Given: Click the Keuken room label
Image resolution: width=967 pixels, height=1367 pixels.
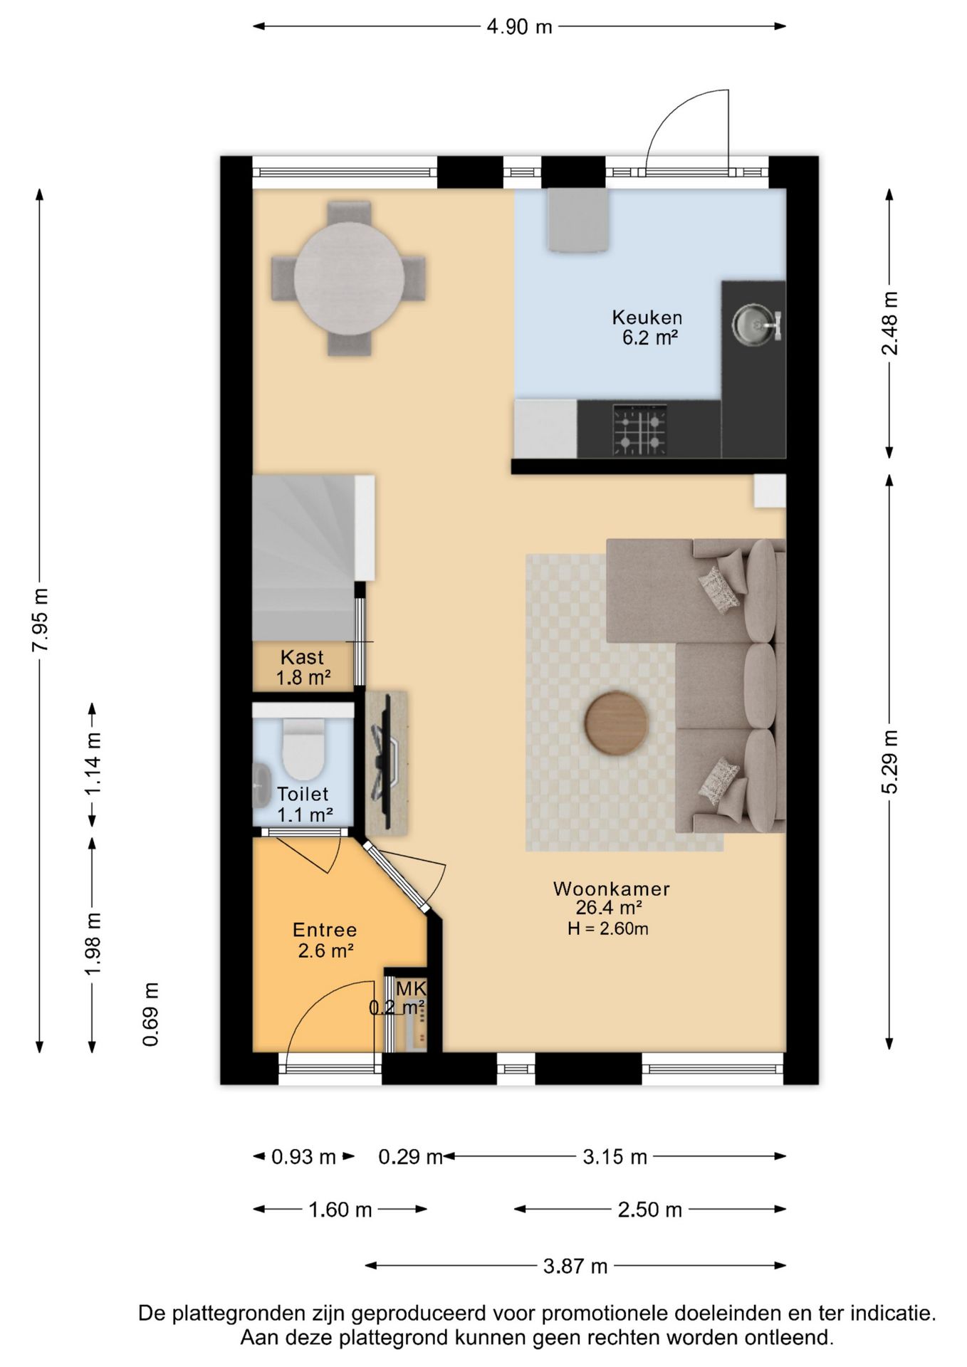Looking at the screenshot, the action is pyautogui.click(x=647, y=317).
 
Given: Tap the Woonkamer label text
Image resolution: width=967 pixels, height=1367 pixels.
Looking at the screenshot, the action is pyautogui.click(x=612, y=889).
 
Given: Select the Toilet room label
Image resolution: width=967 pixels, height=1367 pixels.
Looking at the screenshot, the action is pyautogui.click(x=303, y=794).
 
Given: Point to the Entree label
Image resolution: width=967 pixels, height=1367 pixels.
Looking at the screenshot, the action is pyautogui.click(x=325, y=930).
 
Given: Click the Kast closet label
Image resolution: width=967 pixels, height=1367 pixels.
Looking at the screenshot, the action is pyautogui.click(x=302, y=657).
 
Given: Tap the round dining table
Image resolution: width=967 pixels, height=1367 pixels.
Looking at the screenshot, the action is pyautogui.click(x=349, y=278).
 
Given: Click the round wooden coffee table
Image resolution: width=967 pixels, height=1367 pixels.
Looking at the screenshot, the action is pyautogui.click(x=617, y=723).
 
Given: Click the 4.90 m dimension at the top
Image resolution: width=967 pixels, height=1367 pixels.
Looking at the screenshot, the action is pyautogui.click(x=519, y=27).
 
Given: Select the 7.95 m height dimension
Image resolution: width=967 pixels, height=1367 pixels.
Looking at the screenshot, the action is pyautogui.click(x=41, y=619).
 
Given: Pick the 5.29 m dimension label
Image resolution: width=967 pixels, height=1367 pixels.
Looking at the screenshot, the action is pyautogui.click(x=891, y=762).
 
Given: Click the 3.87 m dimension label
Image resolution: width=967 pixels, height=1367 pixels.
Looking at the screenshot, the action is pyautogui.click(x=575, y=1266).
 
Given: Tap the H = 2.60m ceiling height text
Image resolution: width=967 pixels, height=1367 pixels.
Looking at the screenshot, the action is pyautogui.click(x=608, y=928).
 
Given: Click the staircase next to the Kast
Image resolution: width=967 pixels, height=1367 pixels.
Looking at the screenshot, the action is pyautogui.click(x=304, y=558).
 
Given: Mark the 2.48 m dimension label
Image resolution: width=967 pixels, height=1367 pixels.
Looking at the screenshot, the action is pyautogui.click(x=891, y=323).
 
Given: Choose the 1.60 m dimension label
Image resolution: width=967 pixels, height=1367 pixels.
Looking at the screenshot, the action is pyautogui.click(x=340, y=1210).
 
